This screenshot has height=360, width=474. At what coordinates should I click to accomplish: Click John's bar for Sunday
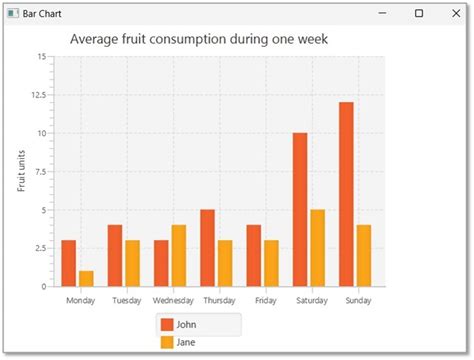tap(346, 194)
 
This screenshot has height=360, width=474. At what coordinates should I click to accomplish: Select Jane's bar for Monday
tap(86, 279)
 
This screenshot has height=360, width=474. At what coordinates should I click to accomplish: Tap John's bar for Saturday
tap(300, 210)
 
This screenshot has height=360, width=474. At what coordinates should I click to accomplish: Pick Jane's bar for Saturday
tap(318, 248)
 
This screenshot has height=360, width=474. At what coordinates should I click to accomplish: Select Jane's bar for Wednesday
tap(179, 256)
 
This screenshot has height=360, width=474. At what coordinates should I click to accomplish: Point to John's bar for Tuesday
tap(115, 256)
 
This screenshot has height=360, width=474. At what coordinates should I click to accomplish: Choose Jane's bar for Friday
tap(271, 263)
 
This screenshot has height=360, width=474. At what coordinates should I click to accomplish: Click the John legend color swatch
tap(167, 324)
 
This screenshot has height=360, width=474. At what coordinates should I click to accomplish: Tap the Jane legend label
tap(187, 343)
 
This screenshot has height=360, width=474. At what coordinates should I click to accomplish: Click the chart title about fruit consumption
tap(199, 39)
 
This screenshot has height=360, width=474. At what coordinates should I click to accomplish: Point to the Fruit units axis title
tap(23, 171)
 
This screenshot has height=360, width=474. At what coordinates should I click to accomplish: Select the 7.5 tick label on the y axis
tap(39, 172)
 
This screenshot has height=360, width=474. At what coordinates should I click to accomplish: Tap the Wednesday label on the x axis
tap(172, 300)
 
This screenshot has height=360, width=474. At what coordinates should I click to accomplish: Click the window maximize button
tap(418, 13)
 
